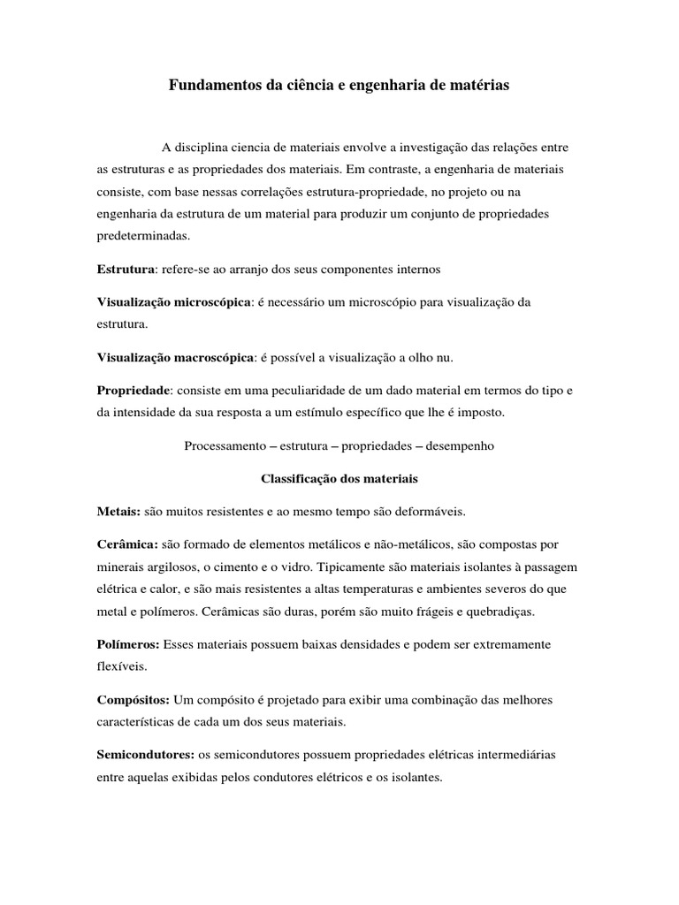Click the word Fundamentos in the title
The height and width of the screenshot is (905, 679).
tap(209, 87)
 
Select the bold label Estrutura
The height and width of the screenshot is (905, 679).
tap(126, 269)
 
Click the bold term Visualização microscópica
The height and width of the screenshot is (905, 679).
tap(174, 302)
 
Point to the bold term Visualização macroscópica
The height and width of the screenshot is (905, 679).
tap(175, 357)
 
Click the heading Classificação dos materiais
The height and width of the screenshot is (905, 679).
tap(339, 478)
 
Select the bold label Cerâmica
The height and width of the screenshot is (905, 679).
tap(127, 544)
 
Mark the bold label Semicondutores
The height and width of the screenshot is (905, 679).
tap(145, 756)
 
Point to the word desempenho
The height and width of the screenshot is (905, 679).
tap(460, 446)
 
